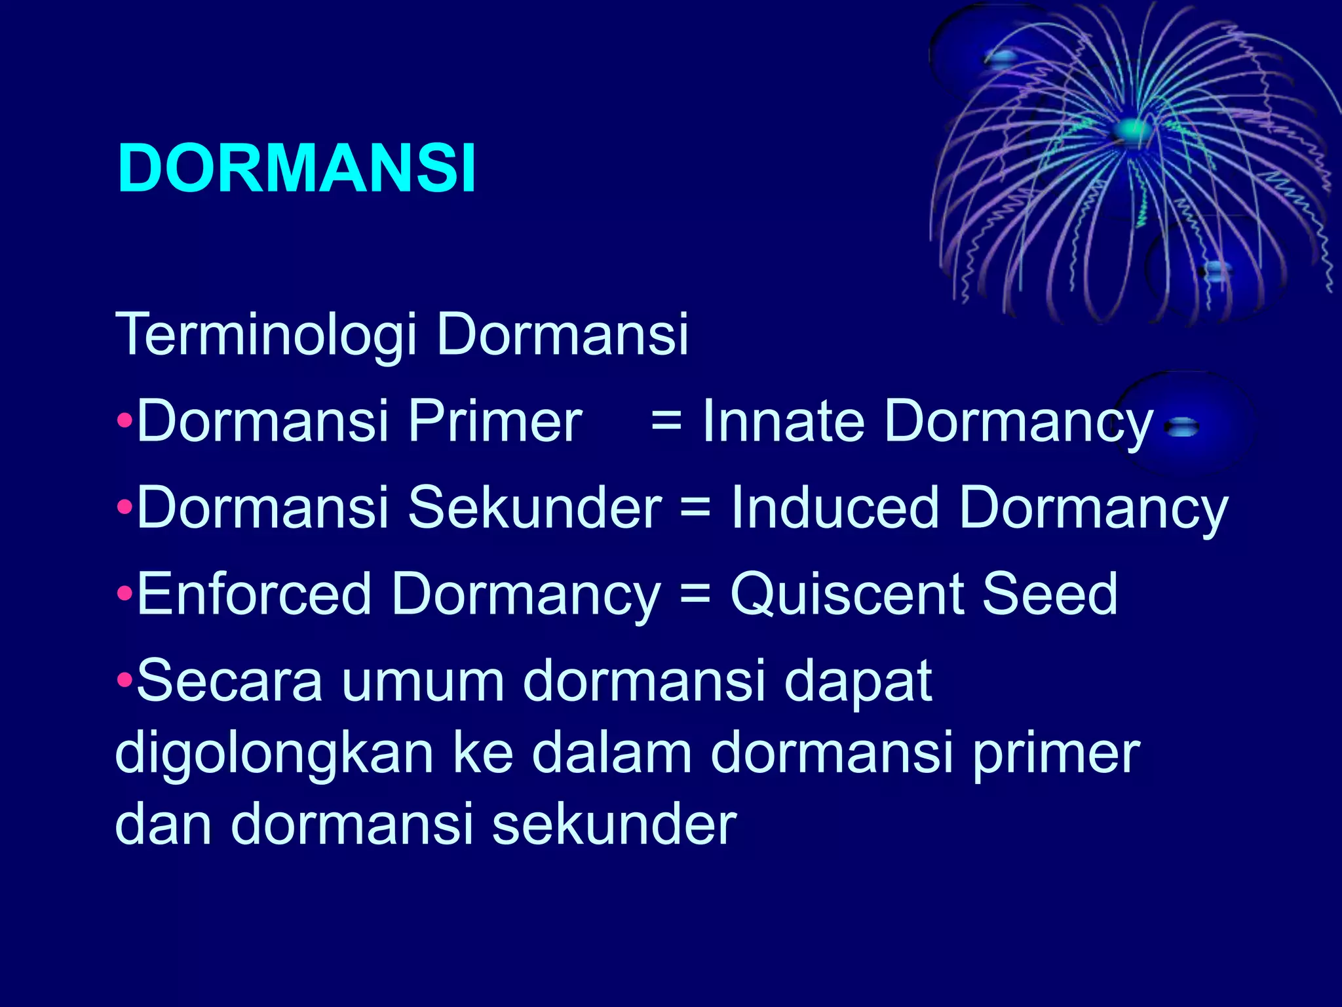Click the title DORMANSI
tap(296, 168)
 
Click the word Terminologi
tap(266, 335)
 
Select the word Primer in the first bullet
tap(495, 422)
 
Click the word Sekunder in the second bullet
tap(534, 508)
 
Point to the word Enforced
tap(254, 594)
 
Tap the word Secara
tap(229, 682)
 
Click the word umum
tap(423, 682)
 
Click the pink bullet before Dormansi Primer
tap(125, 420)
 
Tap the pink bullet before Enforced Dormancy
tap(125, 593)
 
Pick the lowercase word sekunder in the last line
tap(614, 825)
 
